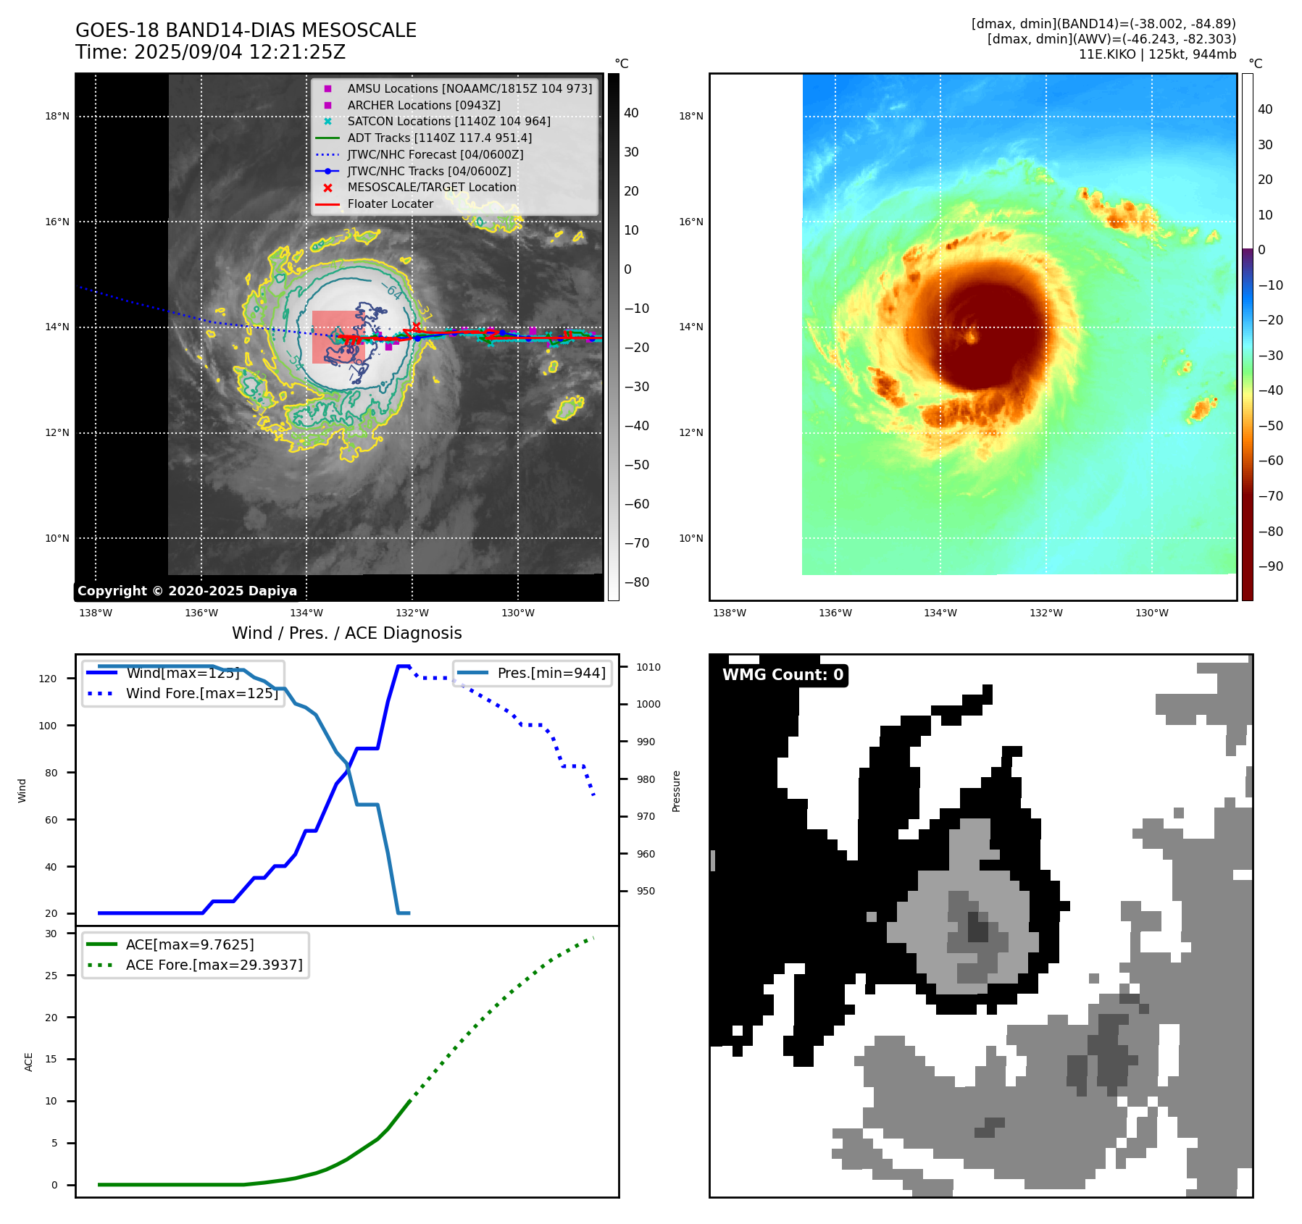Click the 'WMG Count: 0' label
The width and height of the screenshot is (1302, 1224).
[x=783, y=675]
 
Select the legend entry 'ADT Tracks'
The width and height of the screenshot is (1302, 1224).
[x=439, y=138]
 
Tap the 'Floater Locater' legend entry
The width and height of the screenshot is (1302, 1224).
[x=390, y=204]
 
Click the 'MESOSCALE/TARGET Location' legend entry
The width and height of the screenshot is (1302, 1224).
[x=431, y=188]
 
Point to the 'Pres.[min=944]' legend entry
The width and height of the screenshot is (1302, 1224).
[x=551, y=673]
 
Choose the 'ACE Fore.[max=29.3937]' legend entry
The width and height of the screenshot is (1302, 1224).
[x=214, y=965]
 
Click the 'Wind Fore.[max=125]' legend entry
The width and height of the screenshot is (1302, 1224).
[x=201, y=693]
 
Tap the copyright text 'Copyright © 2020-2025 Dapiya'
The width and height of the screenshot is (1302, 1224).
[x=187, y=591]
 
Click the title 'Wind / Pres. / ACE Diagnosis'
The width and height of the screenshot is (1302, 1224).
[x=346, y=633]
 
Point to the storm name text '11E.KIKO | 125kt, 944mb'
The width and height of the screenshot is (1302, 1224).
[x=1157, y=54]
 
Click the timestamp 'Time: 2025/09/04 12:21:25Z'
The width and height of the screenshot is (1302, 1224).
[x=210, y=52]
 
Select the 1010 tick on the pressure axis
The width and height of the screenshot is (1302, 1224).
[x=648, y=667]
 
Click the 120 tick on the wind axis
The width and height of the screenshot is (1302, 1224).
[x=48, y=679]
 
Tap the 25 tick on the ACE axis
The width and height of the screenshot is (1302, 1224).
[x=51, y=976]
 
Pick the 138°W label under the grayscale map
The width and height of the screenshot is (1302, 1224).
[x=96, y=613]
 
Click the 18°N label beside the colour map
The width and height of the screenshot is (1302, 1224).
[x=690, y=116]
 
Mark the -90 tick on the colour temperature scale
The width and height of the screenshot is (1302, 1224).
[x=1270, y=566]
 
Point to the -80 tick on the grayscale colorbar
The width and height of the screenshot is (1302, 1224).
[x=637, y=582]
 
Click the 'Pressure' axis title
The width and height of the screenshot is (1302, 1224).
[x=676, y=791]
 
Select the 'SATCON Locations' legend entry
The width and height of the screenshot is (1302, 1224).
[x=448, y=122]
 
